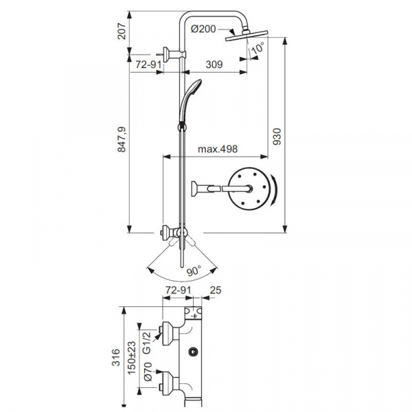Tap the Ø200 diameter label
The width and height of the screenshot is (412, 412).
click(203, 28)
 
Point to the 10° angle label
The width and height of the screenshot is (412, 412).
click(257, 48)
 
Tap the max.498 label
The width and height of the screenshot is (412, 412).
click(218, 149)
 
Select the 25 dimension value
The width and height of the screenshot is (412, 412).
click(216, 291)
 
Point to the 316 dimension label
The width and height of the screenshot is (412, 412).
click(116, 356)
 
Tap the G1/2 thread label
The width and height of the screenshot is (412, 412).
click(147, 340)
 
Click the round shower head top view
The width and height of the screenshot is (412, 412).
click(250, 187)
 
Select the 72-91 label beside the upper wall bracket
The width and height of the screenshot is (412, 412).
click(149, 65)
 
